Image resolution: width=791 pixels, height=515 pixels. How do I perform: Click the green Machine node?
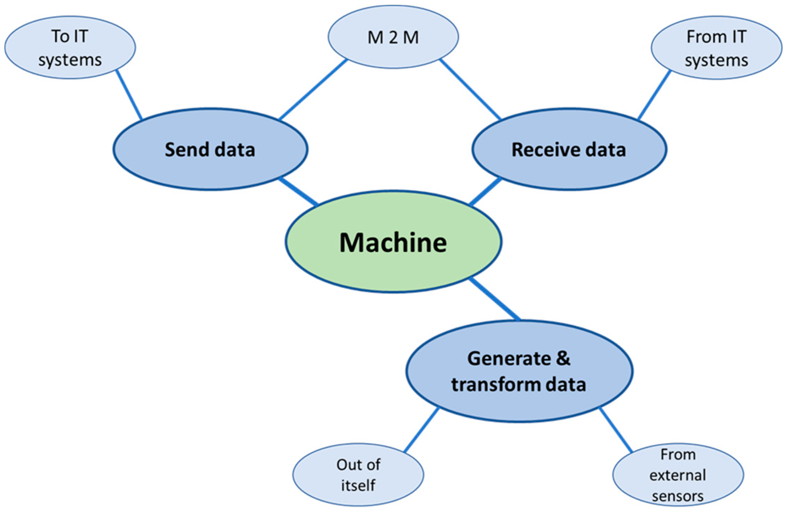(393, 242)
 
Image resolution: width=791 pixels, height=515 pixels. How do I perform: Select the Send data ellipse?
(210, 149)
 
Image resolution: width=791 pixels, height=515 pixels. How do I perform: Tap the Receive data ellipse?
(569, 149)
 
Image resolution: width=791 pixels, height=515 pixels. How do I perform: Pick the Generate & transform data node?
(519, 372)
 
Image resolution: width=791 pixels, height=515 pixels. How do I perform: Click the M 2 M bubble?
(393, 37)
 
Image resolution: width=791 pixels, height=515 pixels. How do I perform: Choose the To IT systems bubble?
(70, 47)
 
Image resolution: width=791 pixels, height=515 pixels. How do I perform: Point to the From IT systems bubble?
(716, 47)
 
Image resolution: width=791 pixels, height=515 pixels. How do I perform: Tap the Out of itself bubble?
(358, 475)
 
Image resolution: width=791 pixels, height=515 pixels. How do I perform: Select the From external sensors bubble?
(678, 475)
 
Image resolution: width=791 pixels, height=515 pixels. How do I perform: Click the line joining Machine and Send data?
(299, 191)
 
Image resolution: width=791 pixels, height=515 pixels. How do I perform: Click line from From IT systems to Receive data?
(654, 95)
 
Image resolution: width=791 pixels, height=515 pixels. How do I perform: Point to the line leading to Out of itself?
(421, 430)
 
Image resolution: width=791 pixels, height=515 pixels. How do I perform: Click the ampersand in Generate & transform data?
(562, 358)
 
